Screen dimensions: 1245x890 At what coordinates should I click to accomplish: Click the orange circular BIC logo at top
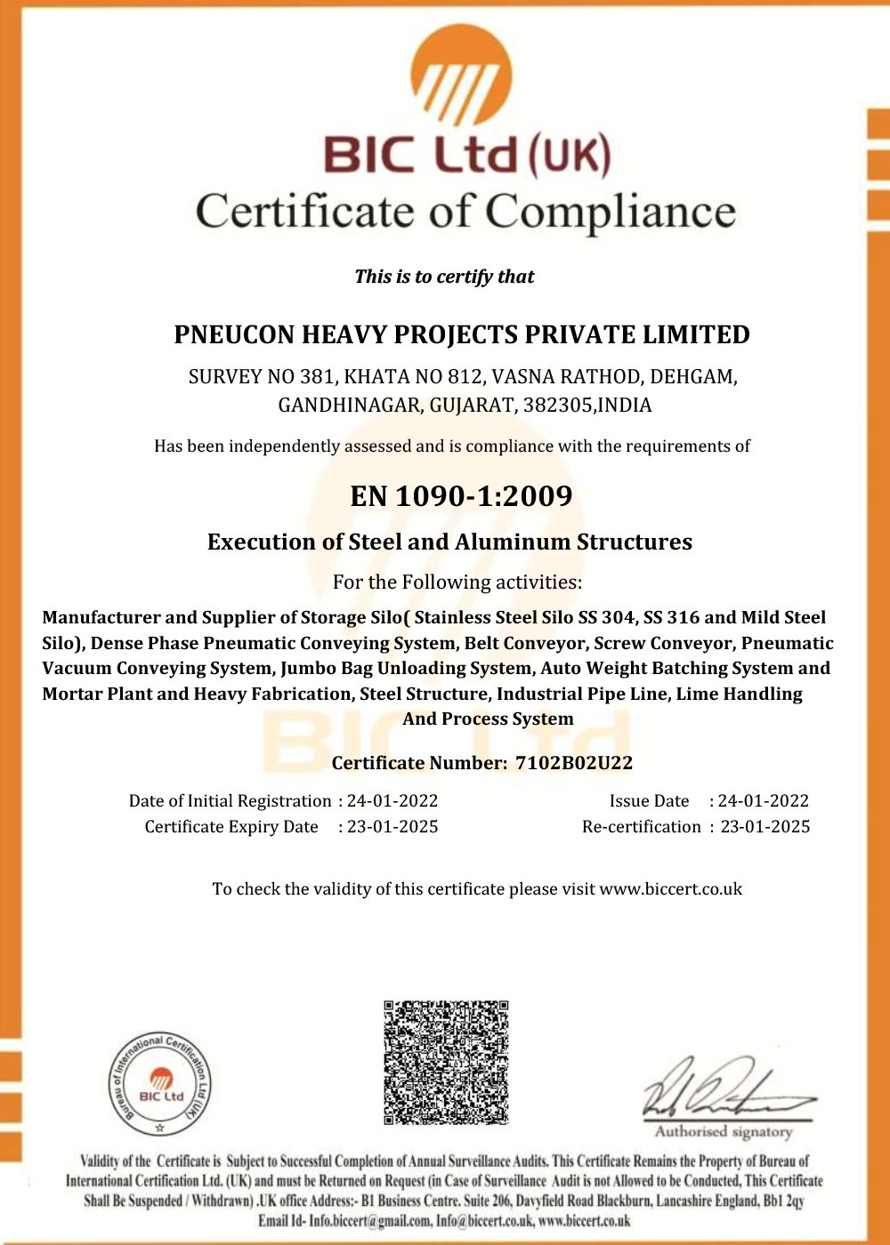[461, 76]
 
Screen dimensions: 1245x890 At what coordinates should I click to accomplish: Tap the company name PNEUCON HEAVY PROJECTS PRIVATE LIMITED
[461, 335]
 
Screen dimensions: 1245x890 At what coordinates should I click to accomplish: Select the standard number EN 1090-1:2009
[461, 495]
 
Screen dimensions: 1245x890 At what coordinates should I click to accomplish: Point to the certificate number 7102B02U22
[574, 763]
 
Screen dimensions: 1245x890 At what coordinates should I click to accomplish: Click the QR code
[446, 1062]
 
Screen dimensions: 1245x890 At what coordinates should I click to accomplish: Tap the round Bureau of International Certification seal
[160, 1085]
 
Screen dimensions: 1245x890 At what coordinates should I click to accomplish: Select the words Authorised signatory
[723, 1132]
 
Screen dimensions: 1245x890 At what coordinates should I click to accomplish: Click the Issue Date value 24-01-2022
[764, 801]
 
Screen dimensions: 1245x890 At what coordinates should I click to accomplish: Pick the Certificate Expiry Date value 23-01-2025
[392, 827]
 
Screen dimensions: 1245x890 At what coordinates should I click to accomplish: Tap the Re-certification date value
[765, 827]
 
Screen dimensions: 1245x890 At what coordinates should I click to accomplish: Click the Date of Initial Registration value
[392, 801]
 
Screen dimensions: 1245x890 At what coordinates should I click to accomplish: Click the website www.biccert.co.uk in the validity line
[670, 889]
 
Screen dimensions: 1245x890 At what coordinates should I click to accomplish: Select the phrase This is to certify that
[444, 277]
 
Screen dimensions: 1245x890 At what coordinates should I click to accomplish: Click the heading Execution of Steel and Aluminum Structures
[449, 542]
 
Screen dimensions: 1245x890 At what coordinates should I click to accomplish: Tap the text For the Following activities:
[457, 582]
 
